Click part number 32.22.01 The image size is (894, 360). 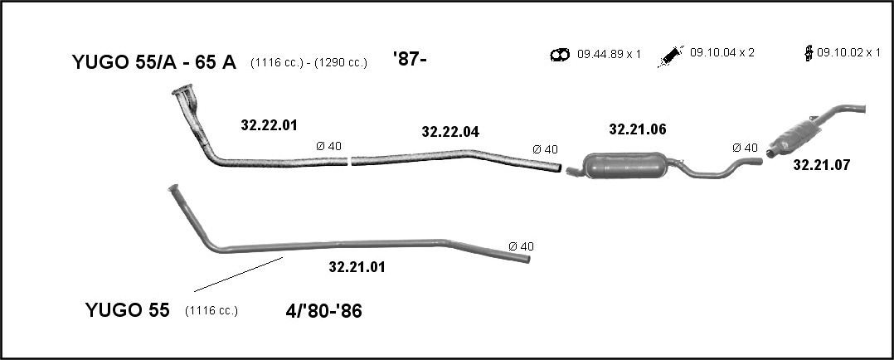[269, 125]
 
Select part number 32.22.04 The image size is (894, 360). [450, 132]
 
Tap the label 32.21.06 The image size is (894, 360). [638, 129]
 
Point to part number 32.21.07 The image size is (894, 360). [822, 165]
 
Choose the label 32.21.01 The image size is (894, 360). [357, 266]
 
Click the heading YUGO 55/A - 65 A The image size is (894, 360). [154, 62]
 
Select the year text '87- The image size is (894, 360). [410, 58]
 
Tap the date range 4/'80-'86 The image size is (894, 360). [323, 311]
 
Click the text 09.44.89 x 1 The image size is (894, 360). [609, 54]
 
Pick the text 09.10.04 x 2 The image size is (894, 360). [722, 52]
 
